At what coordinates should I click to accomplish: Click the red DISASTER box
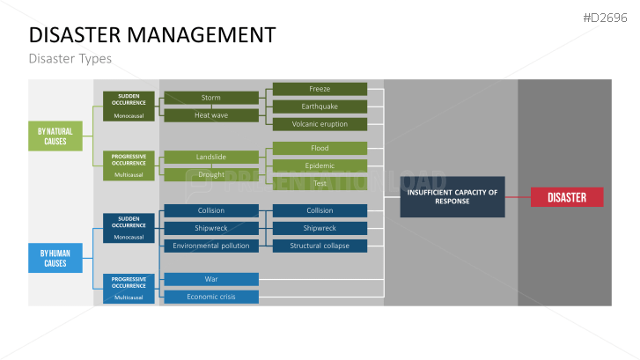point(566,197)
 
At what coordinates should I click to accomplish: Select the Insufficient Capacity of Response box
point(452,196)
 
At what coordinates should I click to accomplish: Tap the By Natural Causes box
point(55,136)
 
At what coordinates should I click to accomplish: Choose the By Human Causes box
point(55,258)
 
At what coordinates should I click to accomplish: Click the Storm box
point(211,98)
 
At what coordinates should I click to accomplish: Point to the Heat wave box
point(211,115)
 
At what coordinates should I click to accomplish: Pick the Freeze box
point(320,89)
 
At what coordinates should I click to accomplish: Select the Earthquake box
point(320,107)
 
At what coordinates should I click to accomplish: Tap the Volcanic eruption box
point(320,124)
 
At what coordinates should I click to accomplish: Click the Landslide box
point(211,157)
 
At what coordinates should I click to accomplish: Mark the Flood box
point(320,148)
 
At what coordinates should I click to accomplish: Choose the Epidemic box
point(320,165)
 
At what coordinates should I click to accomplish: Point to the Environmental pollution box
point(211,246)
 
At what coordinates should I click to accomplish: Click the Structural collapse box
point(320,246)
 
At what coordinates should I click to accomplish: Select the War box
point(211,279)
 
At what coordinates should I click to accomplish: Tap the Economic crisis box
point(211,297)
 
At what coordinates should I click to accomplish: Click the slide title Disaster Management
point(151,35)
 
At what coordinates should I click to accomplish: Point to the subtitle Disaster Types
point(70,59)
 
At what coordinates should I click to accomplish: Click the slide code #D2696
point(608,18)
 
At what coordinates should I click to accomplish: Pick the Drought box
point(211,174)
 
